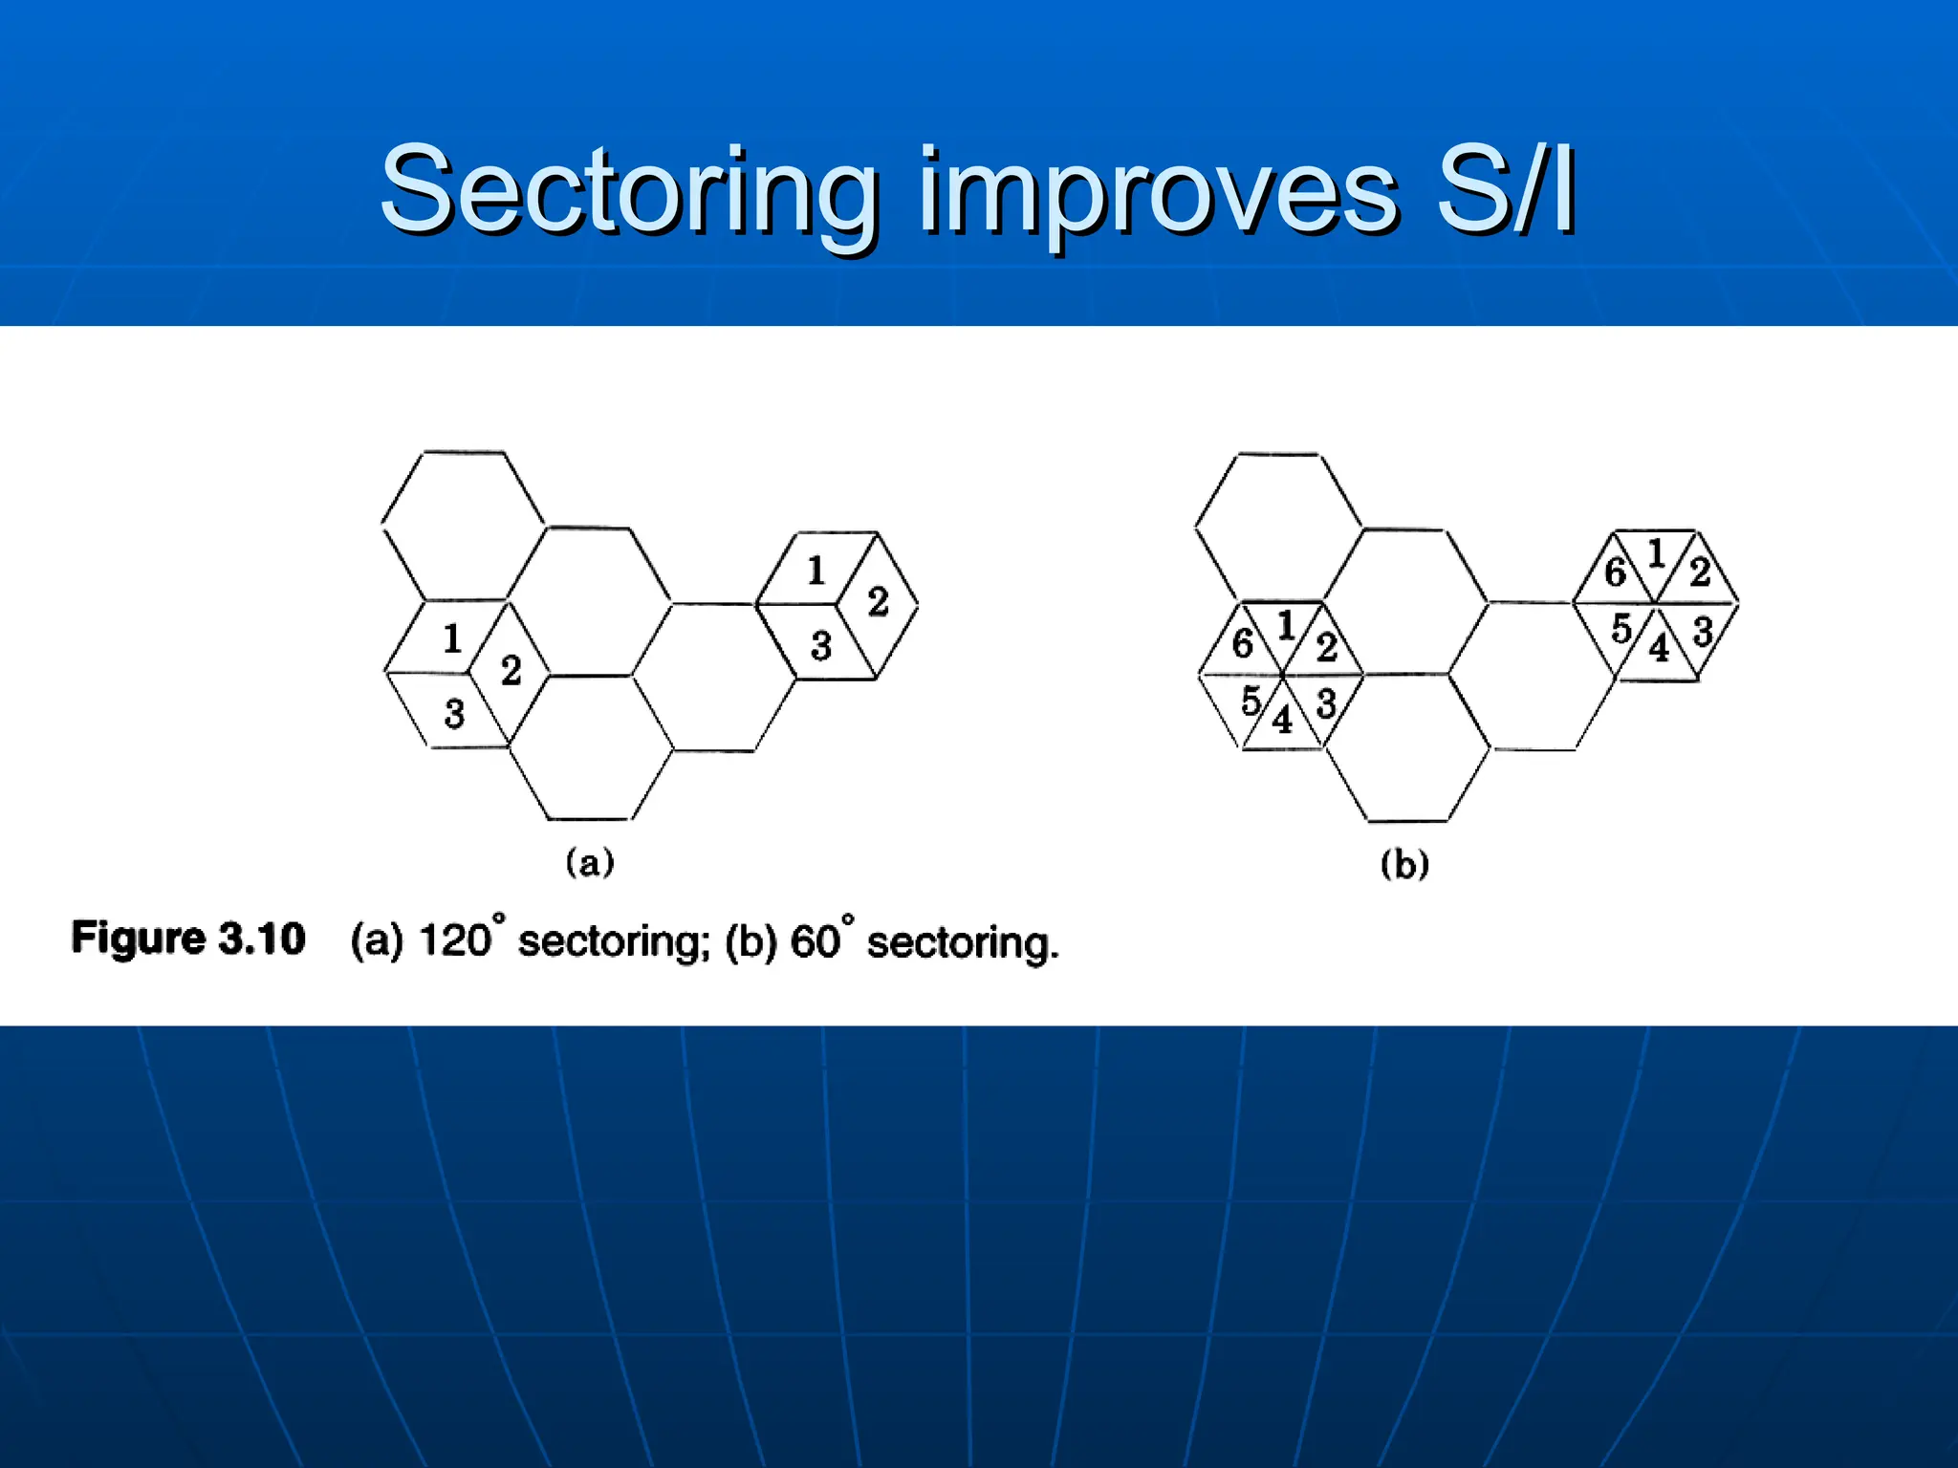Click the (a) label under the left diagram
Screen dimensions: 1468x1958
590,862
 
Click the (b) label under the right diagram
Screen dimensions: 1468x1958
1404,865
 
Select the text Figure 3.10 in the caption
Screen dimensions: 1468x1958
188,938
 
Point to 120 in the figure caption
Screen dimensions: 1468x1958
454,940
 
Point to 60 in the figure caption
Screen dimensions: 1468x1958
815,941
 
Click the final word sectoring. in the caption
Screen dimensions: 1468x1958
963,942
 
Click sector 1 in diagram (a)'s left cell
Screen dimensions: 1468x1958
452,637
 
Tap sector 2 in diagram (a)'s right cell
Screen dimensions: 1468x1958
878,602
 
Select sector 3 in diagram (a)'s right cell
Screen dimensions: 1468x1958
820,646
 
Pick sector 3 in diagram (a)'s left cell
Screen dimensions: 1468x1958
454,713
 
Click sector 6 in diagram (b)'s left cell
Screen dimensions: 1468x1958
1242,643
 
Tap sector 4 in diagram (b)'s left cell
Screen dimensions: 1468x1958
1282,719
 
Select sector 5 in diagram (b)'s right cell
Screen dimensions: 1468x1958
1621,629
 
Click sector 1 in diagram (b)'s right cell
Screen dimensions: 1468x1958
1656,552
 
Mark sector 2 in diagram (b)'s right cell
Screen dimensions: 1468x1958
1699,572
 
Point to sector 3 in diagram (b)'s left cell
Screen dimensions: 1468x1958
1325,703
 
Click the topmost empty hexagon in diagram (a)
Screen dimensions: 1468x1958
464,525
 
